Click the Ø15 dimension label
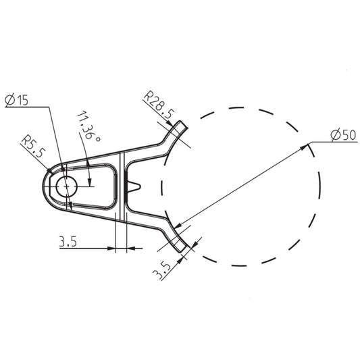coord(17,101)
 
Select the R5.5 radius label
coord(32,147)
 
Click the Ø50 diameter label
coord(343,136)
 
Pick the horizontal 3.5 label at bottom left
coord(68,242)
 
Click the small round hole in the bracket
coord(67,186)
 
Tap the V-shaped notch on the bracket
coord(136,186)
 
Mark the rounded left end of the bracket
coord(47,186)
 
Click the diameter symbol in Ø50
coord(336,136)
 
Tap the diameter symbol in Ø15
coord(9,101)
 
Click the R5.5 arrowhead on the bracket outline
coord(51,170)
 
